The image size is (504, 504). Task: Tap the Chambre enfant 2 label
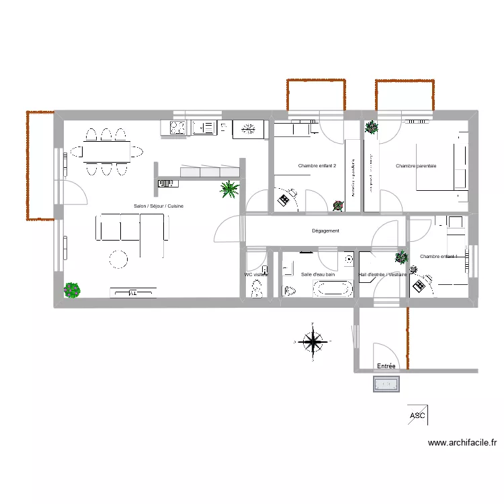317,166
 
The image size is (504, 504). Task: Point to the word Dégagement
326,231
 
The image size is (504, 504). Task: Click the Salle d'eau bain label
318,274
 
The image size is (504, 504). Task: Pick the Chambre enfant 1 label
438,257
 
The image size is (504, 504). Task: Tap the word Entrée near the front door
386,366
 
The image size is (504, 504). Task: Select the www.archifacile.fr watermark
462,443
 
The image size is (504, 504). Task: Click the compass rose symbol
312,341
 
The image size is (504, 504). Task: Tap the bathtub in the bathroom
333,289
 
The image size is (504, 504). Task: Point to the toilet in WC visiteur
256,290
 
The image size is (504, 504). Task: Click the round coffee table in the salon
119,259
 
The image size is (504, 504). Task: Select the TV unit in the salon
133,292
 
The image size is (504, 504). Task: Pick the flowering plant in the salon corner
71,290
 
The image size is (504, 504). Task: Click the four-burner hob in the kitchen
177,127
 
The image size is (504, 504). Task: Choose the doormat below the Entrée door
386,384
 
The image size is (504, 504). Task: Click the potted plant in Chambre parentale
371,127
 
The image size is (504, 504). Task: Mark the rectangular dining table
107,153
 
